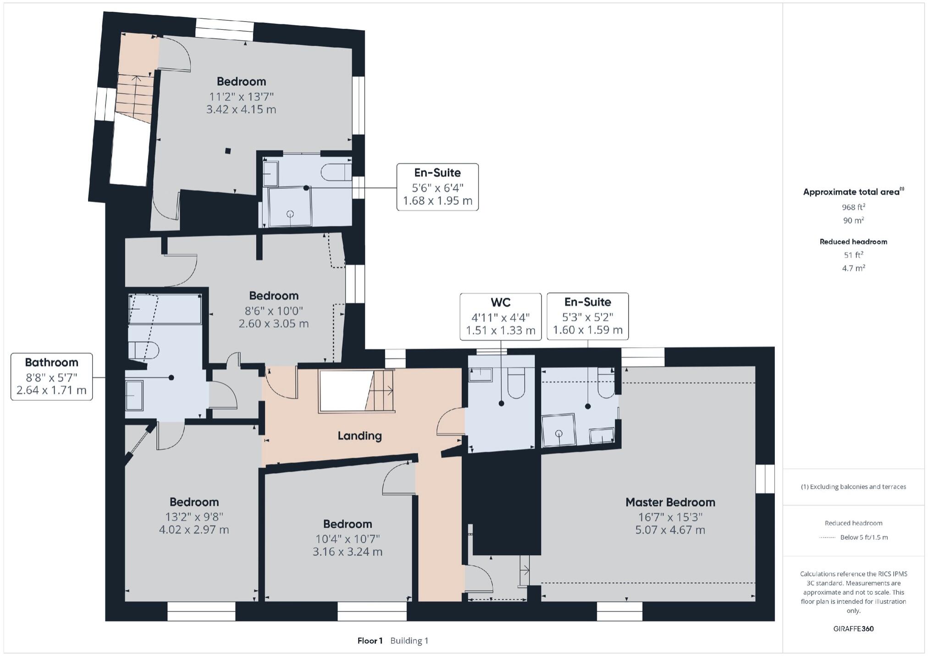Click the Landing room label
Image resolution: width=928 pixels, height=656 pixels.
coord(359,436)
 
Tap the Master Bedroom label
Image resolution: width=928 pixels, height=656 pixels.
coord(670,502)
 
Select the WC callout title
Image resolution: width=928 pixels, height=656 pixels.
coord(500,302)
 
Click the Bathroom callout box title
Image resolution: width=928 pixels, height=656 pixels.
coord(51,362)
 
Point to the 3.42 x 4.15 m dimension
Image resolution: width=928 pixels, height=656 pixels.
coord(241,109)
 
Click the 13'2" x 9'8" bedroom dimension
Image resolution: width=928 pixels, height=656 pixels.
coord(194,517)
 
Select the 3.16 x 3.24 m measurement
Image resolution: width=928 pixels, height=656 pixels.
coord(347,552)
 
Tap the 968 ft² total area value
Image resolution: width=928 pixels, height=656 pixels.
coord(853,207)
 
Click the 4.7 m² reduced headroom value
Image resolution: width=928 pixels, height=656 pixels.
coord(853,268)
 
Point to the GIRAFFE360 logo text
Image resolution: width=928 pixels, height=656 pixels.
coord(853,629)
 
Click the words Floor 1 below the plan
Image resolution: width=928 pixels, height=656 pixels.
coord(370,640)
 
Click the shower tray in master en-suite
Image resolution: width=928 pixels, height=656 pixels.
coord(558,430)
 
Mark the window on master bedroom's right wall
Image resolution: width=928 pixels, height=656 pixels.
coord(765,479)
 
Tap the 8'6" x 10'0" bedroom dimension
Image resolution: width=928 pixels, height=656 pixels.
coord(274,311)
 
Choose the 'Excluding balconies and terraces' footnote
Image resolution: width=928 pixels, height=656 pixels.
coord(853,487)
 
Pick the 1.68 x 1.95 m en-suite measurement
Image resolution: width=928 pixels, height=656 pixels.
coord(437,201)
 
